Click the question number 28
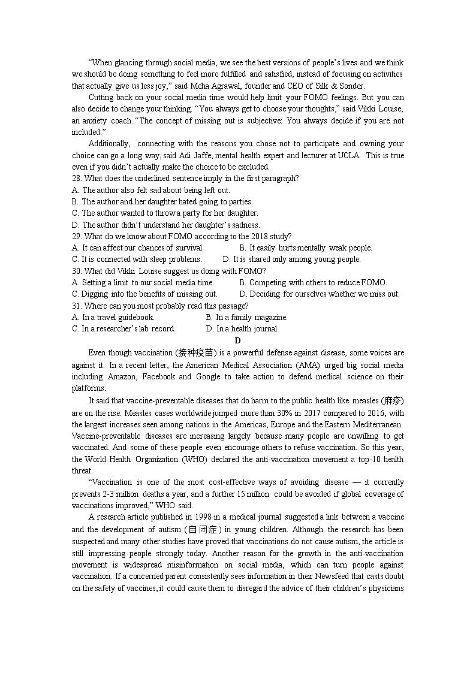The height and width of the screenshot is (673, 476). [x=76, y=179]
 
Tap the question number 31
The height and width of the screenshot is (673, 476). [x=76, y=306]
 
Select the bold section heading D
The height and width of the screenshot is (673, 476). [x=237, y=340]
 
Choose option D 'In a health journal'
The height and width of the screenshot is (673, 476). [x=242, y=328]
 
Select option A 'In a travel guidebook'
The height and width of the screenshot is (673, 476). [x=113, y=317]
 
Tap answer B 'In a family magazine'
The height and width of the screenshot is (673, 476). [x=246, y=317]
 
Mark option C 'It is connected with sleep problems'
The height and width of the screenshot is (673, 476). [x=137, y=259]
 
